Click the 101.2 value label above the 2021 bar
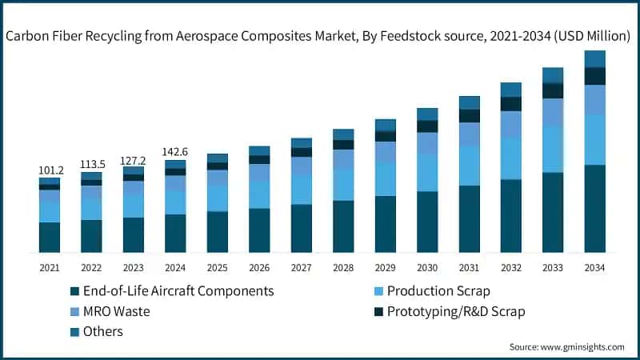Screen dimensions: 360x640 50,170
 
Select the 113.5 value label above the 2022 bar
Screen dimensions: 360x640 91,164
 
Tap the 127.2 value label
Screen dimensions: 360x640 134,160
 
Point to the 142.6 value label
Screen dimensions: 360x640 175,152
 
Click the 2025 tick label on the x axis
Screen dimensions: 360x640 217,267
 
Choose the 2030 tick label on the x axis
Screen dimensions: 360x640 427,267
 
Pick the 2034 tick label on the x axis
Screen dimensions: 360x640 594,267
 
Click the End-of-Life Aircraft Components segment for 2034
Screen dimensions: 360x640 594,208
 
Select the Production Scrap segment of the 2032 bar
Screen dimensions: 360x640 510,158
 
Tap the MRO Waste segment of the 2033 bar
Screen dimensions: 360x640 553,112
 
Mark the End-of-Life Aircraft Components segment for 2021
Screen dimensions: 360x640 50,237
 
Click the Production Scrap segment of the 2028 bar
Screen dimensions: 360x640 343,184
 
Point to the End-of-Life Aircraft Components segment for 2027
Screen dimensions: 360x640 301,228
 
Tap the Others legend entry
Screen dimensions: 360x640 103,330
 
